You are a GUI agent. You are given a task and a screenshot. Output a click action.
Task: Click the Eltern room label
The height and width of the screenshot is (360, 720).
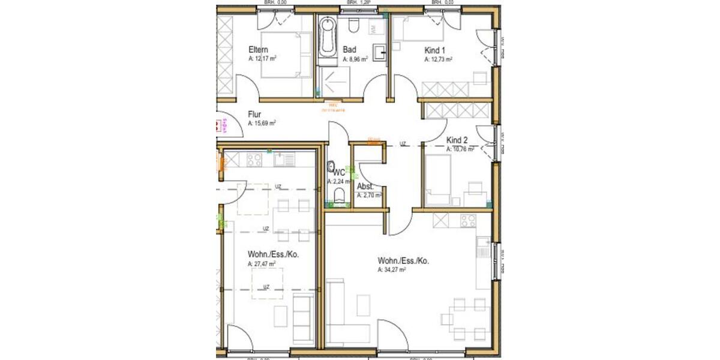tap(258, 50)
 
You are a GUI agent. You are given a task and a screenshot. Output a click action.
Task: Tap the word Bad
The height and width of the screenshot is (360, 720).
tap(349, 50)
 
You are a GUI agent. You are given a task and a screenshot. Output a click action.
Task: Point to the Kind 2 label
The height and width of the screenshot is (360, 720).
tap(457, 140)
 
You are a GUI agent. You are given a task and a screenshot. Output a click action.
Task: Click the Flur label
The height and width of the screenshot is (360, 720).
tap(255, 114)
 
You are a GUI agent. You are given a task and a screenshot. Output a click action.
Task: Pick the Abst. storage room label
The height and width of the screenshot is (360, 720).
tap(365, 186)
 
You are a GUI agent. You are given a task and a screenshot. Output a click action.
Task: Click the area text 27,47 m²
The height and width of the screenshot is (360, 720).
tap(262, 263)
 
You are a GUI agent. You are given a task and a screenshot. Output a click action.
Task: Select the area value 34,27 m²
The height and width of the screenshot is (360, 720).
tap(392, 270)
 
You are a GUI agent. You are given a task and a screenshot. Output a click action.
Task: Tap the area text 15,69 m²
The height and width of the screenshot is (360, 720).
tap(262, 123)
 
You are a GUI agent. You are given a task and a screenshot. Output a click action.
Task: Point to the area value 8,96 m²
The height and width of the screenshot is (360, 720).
tap(355, 60)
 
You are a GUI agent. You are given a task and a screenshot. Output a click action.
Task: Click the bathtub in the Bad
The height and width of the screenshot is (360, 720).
tap(327, 37)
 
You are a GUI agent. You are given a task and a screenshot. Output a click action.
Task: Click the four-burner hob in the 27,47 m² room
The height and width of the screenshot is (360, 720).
tap(253, 160)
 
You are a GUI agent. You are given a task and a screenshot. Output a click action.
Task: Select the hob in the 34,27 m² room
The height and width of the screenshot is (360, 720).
tap(467, 220)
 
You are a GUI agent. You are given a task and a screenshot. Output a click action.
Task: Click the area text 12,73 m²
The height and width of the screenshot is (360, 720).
tap(438, 60)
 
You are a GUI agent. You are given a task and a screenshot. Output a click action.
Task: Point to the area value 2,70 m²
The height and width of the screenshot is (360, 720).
tap(367, 195)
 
